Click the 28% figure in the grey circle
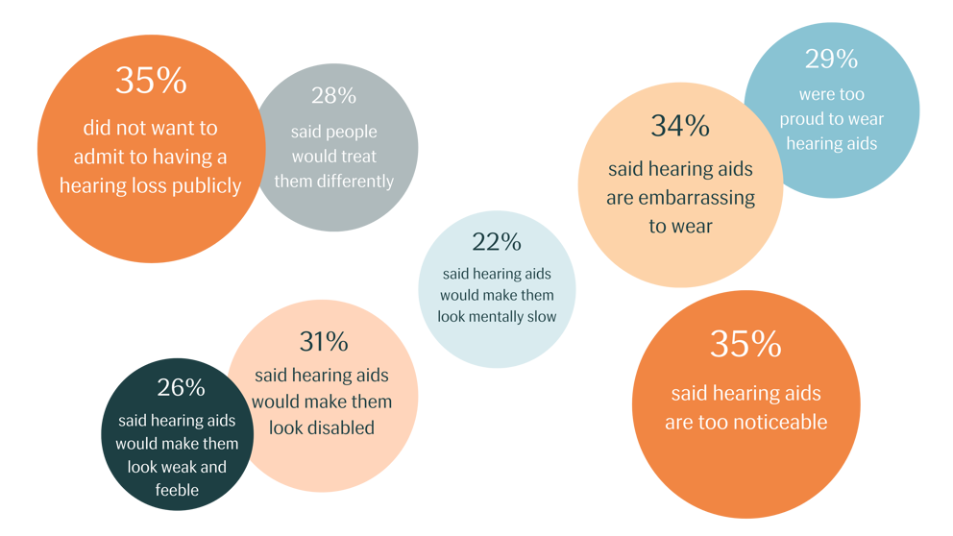pyautogui.click(x=333, y=96)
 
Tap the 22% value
pyautogui.click(x=496, y=242)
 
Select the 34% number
pyautogui.click(x=679, y=126)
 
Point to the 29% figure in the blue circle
pyautogui.click(x=831, y=60)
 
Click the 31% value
pyautogui.click(x=323, y=342)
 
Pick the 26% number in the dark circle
pyautogui.click(x=181, y=388)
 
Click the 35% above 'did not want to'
pyautogui.click(x=150, y=81)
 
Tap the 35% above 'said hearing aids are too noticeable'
pyautogui.click(x=745, y=344)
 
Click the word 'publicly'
pyautogui.click(x=204, y=185)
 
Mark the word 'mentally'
pyautogui.click(x=501, y=316)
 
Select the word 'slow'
pyautogui.click(x=542, y=316)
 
